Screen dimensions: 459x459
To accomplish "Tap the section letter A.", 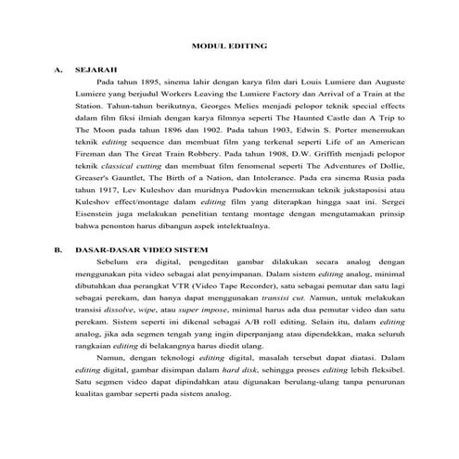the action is [x=57, y=70].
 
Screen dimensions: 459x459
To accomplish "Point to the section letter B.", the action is [x=57, y=249].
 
